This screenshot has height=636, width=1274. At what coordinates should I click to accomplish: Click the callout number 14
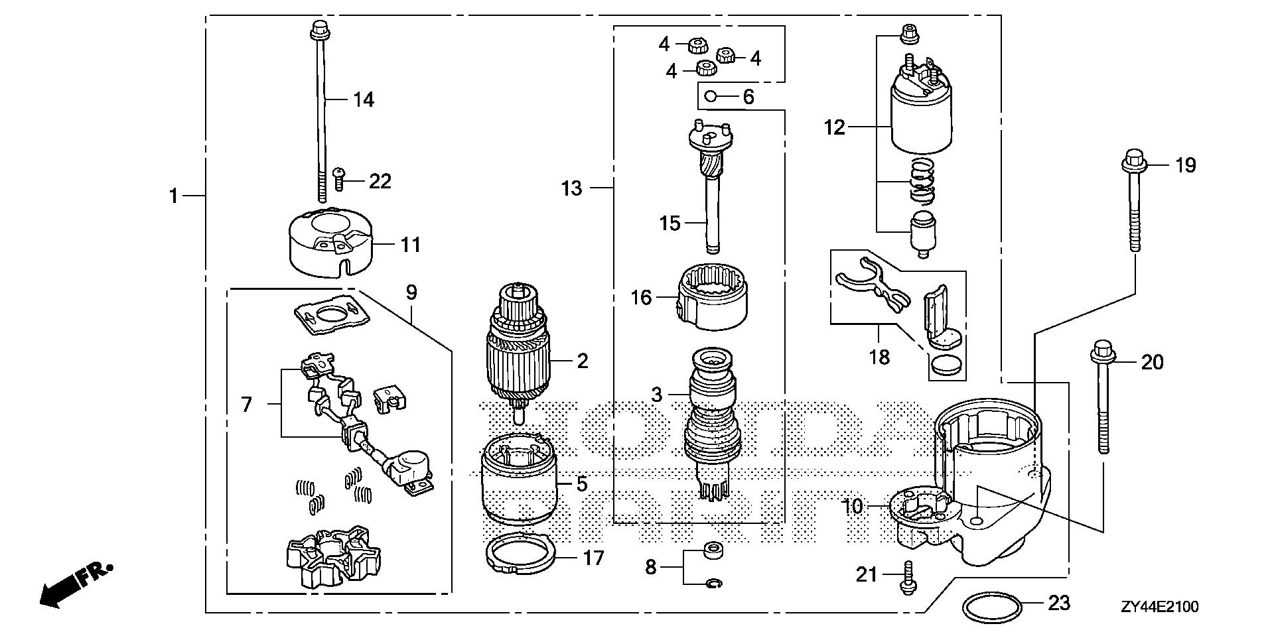363,100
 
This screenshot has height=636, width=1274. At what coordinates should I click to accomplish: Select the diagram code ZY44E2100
1159,607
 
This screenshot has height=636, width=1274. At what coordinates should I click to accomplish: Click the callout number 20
1152,362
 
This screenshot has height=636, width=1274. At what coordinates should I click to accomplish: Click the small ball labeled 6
709,97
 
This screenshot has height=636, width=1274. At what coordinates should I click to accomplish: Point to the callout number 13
571,189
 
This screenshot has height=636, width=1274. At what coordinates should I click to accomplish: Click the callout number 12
835,127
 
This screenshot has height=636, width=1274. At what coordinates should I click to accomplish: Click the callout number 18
879,357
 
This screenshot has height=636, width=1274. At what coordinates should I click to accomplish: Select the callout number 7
247,403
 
